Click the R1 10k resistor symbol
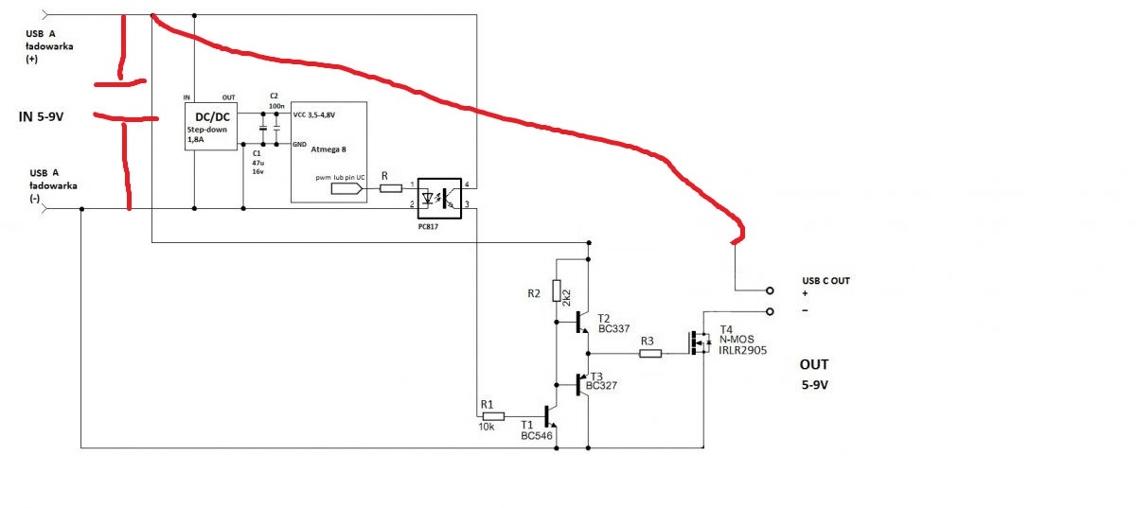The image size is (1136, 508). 493,415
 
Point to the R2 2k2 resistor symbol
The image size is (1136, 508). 557,292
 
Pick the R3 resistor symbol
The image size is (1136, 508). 649,354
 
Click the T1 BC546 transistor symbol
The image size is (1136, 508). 549,416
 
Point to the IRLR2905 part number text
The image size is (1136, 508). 742,350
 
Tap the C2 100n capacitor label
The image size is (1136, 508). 275,101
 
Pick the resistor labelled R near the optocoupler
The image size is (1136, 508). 391,188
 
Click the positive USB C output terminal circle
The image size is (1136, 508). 770,290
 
